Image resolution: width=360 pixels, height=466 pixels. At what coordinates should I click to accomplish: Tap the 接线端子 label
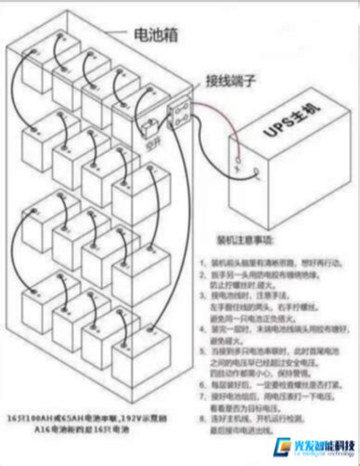tap(229, 81)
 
